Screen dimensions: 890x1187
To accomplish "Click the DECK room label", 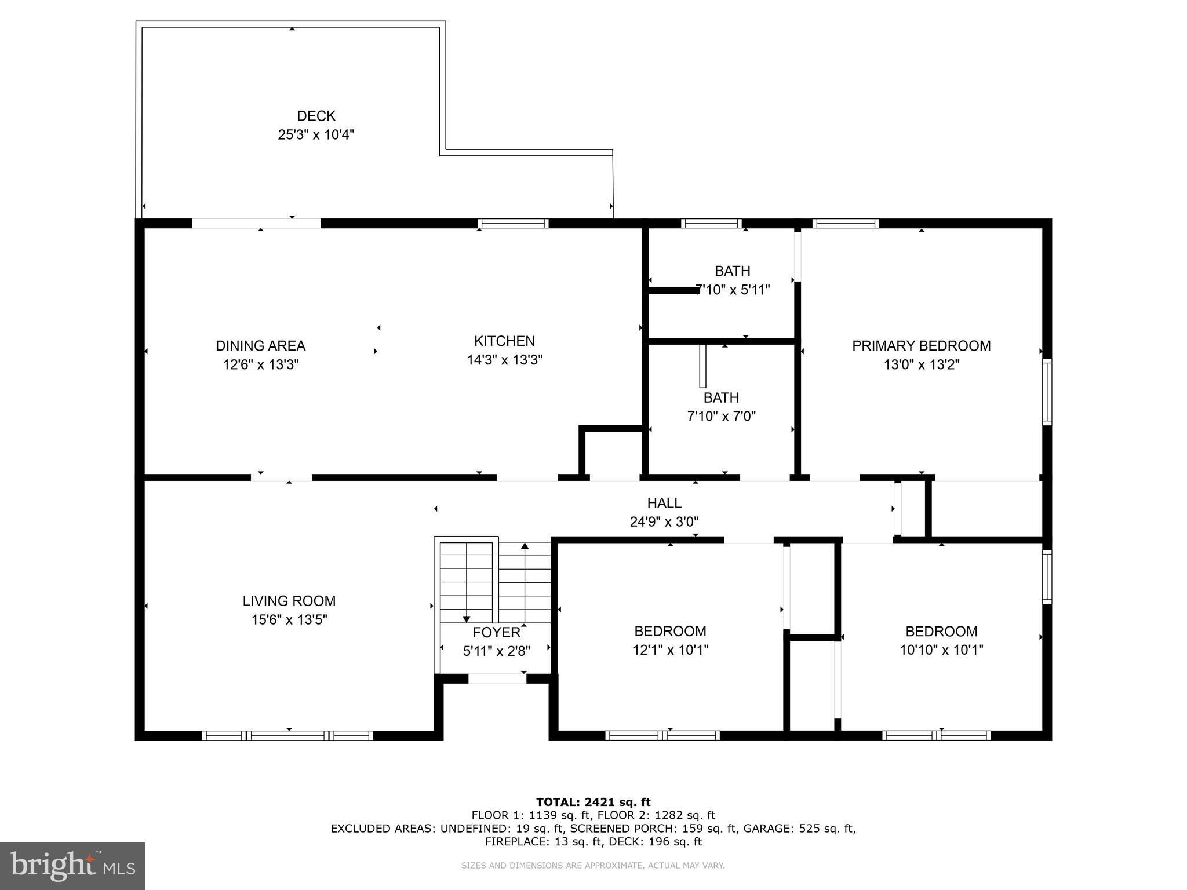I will [316, 116].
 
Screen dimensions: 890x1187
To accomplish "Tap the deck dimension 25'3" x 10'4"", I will [316, 135].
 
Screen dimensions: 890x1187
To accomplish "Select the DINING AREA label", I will [260, 346].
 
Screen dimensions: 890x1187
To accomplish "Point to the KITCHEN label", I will [504, 341].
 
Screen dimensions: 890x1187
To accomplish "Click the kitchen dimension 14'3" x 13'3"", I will [504, 360].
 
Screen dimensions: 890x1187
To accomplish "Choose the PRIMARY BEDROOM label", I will [921, 346].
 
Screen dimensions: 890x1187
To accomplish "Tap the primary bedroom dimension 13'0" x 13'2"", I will [921, 364].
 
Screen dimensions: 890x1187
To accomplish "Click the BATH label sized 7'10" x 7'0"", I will [721, 397].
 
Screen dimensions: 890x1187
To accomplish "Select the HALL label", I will [664, 503].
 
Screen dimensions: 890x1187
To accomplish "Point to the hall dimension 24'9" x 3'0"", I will [664, 522].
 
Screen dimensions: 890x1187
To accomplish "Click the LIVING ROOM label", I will [289, 601].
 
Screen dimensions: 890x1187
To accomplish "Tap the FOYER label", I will [496, 632].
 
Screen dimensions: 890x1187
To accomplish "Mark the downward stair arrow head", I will [467, 619].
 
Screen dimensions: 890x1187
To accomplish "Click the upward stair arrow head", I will [525, 546].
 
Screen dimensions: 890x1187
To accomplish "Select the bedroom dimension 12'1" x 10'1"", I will [670, 650].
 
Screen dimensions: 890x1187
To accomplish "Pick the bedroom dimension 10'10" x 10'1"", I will [941, 650].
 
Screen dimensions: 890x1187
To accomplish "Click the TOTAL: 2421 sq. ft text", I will [593, 802].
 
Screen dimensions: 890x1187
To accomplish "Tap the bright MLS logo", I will [72, 866].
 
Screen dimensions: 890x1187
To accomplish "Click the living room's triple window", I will [287, 735].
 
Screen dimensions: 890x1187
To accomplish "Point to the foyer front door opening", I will [497, 679].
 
